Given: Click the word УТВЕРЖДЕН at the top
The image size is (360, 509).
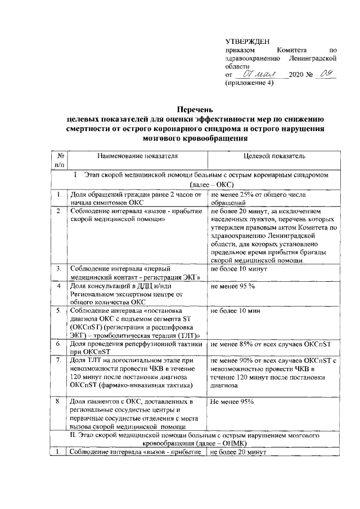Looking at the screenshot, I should click(247, 41).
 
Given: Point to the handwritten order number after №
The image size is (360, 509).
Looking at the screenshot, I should click(325, 73).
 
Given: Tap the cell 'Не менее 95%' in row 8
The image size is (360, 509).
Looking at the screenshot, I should click(232, 402).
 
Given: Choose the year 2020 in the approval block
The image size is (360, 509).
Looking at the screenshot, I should click(296, 74).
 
